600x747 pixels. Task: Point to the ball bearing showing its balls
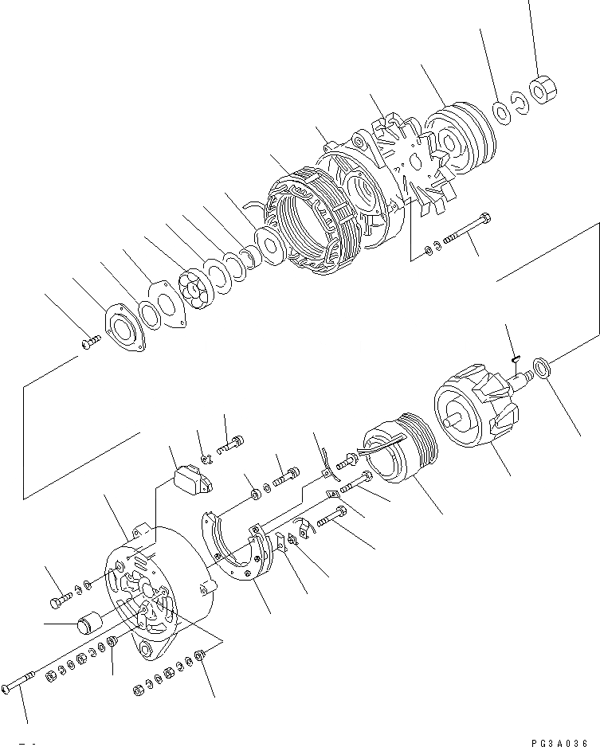tap(194, 288)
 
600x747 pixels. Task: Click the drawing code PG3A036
tap(558, 741)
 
